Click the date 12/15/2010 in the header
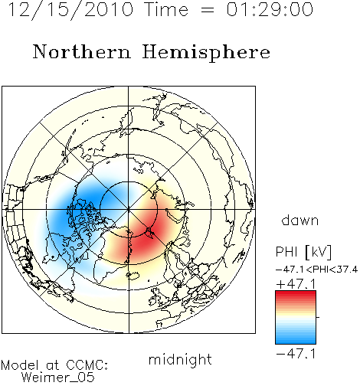pyautogui.click(x=71, y=10)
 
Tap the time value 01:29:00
pyautogui.click(x=270, y=9)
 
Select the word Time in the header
pyautogui.click(x=166, y=9)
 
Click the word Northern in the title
pyautogui.click(x=82, y=52)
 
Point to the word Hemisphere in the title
pyautogui.click(x=206, y=53)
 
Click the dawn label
pyautogui.click(x=300, y=221)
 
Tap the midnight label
pyautogui.click(x=180, y=359)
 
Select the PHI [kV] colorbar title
pyautogui.click(x=303, y=252)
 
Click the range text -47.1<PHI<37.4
pyautogui.click(x=316, y=270)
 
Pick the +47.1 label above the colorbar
pyautogui.click(x=296, y=284)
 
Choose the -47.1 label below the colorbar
pyautogui.click(x=296, y=354)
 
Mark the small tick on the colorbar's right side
pyautogui.click(x=318, y=317)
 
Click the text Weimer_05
pyautogui.click(x=58, y=378)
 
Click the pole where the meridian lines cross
pyautogui.click(x=129, y=209)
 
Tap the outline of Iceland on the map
pyautogui.click(x=133, y=276)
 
